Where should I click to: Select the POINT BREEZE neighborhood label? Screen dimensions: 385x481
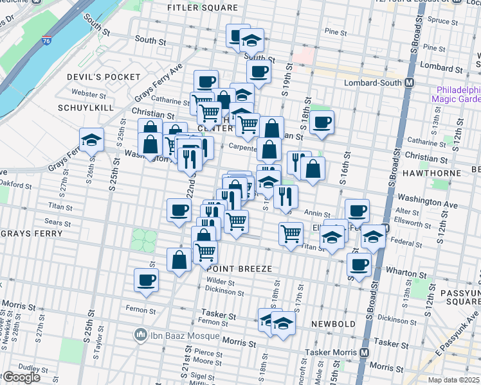[240, 268]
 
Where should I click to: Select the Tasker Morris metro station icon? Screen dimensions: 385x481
[364, 352]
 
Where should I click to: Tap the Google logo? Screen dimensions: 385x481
[21, 377]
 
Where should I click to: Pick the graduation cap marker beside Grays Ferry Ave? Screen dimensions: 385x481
[92, 139]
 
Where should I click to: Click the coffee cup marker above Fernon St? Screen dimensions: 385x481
[147, 280]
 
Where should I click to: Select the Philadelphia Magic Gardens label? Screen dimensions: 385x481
[458, 94]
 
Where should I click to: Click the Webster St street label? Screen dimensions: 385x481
[84, 94]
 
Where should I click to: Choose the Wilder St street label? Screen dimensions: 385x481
[219, 281]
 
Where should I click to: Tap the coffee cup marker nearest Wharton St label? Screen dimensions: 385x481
[359, 264]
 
